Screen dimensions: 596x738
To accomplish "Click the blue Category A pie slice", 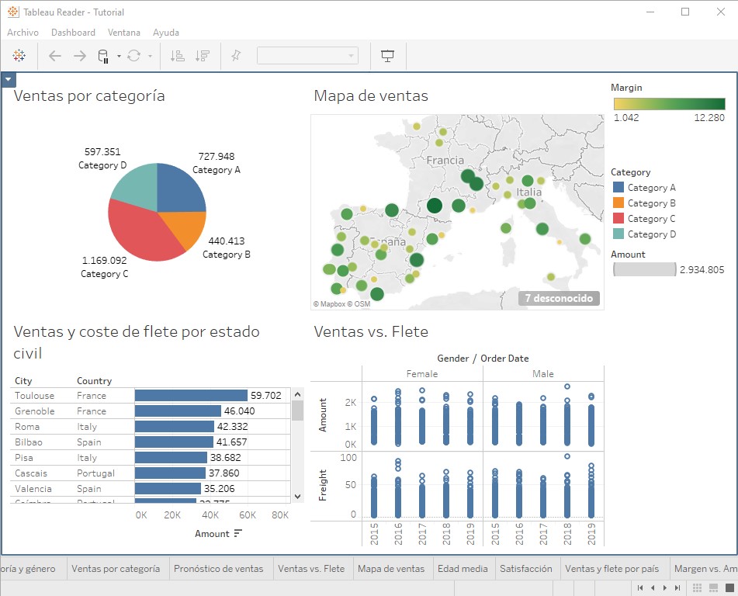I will pyautogui.click(x=180, y=189).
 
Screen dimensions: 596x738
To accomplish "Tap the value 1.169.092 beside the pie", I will pyautogui.click(x=104, y=261).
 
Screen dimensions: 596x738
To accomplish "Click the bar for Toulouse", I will pyautogui.click(x=191, y=396).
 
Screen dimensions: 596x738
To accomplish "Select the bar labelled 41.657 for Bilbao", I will pyautogui.click(x=174, y=442).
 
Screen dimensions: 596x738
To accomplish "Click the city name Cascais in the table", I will pyautogui.click(x=31, y=473).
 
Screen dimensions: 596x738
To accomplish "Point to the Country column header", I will pyautogui.click(x=95, y=381).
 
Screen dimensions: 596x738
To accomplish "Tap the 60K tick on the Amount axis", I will pyautogui.click(x=248, y=515).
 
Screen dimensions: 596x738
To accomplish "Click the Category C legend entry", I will pyautogui.click(x=651, y=219).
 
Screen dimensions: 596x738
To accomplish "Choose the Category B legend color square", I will pyautogui.click(x=618, y=203).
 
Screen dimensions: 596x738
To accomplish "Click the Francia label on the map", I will pyautogui.click(x=445, y=161).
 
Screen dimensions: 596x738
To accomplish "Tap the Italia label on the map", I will pyautogui.click(x=529, y=192).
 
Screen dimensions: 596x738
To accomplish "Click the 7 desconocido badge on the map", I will pyautogui.click(x=559, y=298).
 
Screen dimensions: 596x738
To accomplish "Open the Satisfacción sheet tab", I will pyautogui.click(x=526, y=569).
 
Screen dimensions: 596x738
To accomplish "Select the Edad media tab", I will pyautogui.click(x=463, y=569).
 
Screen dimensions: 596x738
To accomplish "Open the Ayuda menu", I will pyautogui.click(x=166, y=33).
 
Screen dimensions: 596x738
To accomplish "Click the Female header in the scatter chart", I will pyautogui.click(x=421, y=374).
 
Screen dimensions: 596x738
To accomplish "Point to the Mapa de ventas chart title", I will pyautogui.click(x=371, y=96).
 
